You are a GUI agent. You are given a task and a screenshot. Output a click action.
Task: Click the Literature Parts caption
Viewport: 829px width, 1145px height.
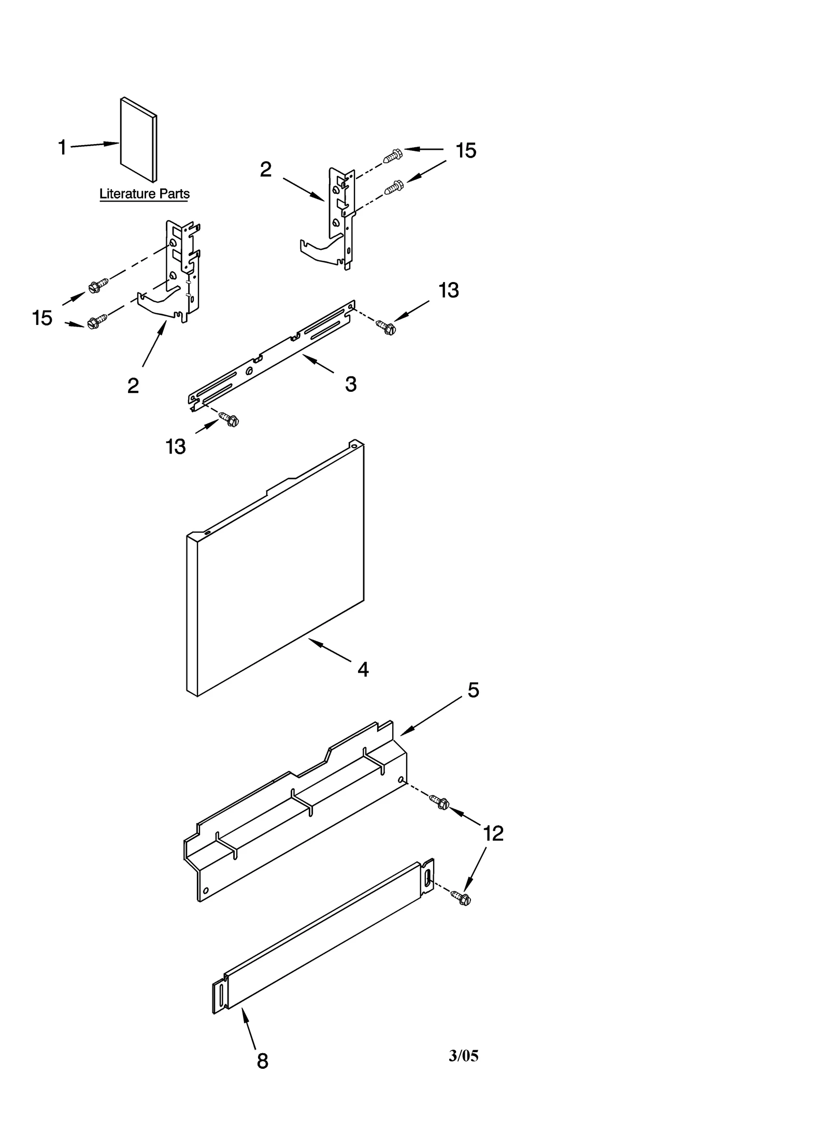click(x=144, y=194)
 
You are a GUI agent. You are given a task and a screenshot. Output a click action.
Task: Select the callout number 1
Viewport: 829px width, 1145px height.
click(x=62, y=148)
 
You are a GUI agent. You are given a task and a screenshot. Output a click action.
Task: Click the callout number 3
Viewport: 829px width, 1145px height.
click(x=351, y=384)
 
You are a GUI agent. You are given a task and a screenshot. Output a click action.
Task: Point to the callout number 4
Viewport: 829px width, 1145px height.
click(x=363, y=670)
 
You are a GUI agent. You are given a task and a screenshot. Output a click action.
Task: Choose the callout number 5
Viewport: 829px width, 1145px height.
click(x=473, y=690)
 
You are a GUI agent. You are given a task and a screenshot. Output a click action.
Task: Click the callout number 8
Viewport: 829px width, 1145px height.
click(x=263, y=1061)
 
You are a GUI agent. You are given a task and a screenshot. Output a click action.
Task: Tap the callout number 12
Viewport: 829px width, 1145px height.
click(x=493, y=833)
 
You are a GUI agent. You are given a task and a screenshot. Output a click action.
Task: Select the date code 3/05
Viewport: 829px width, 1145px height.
click(x=463, y=1056)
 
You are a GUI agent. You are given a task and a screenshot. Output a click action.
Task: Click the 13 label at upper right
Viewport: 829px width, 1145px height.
click(x=449, y=290)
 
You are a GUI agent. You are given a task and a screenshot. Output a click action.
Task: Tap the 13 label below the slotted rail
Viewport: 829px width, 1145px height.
click(x=176, y=446)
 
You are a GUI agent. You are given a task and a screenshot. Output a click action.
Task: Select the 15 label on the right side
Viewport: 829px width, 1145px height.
click(x=466, y=150)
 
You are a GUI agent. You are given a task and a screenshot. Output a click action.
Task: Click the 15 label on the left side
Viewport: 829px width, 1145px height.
click(x=42, y=318)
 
